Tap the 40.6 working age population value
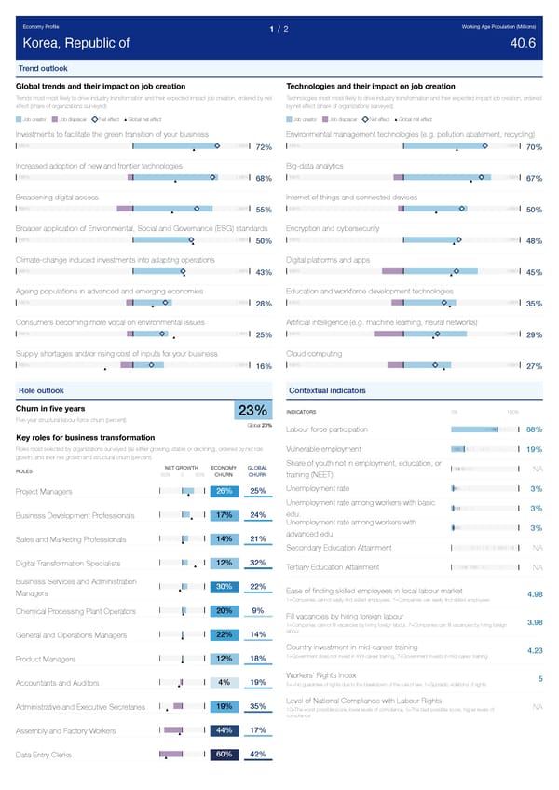coord(524,43)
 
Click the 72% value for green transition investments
coord(264,147)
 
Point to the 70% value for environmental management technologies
coord(534,147)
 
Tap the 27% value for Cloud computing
coord(534,366)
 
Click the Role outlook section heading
coord(42,388)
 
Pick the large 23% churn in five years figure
coord(254,412)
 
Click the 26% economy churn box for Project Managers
coord(225,491)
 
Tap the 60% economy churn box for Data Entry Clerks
coord(225,754)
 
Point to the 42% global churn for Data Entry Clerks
coord(259,754)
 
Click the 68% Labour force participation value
coord(534,429)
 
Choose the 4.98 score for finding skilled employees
coord(535,594)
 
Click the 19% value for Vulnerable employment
coord(534,450)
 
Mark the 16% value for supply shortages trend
coord(264,366)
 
